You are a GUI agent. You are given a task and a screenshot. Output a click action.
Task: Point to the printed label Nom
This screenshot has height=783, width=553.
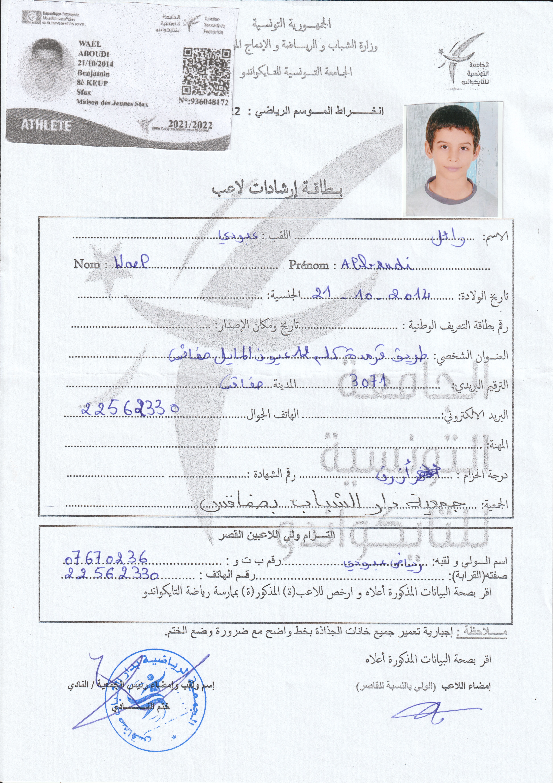tap(87, 264)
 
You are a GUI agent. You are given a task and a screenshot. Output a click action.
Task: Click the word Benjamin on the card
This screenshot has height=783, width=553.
tap(94, 73)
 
